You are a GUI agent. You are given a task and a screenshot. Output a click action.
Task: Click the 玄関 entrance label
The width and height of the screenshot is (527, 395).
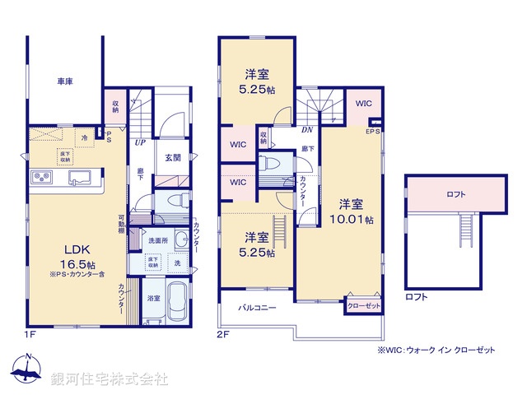tap(172, 158)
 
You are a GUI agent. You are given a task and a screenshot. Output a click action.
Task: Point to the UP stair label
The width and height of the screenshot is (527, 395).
tap(140, 141)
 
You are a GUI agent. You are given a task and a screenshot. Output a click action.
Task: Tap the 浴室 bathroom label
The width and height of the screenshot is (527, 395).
tap(154, 297)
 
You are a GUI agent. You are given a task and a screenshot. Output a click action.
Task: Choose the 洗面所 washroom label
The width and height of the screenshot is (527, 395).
tap(159, 240)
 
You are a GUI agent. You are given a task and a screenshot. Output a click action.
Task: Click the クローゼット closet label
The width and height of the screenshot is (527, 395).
tap(363, 304)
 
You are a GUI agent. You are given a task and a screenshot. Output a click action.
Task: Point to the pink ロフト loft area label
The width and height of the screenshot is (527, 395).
tap(456, 195)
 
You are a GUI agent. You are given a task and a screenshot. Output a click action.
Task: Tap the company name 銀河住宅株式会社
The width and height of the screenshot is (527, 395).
tap(109, 379)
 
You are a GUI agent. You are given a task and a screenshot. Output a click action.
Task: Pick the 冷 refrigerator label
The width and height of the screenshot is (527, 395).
tap(85, 137)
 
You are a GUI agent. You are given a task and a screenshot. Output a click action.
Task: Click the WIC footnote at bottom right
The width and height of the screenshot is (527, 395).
tap(436, 350)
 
